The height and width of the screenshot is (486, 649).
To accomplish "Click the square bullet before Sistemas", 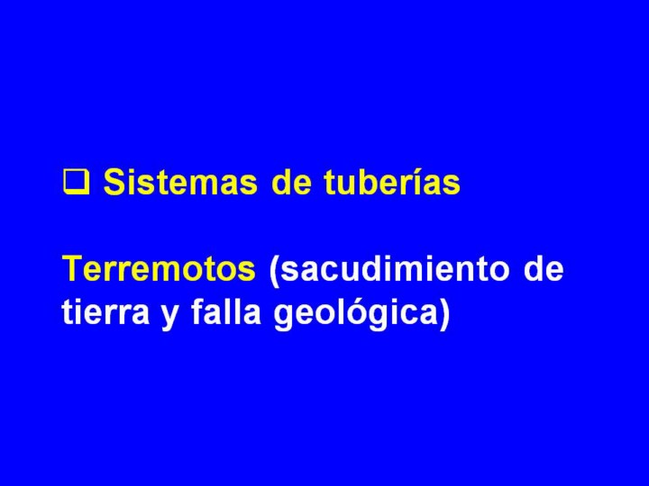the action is (x=76, y=183).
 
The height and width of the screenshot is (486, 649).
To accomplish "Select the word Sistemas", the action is (x=180, y=182).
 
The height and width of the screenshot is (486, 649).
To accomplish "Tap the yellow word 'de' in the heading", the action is (x=291, y=182).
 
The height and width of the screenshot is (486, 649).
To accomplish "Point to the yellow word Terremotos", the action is (x=159, y=268).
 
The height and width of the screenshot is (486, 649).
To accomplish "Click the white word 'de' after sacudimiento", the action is (x=544, y=268).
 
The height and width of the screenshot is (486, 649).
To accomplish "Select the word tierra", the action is (x=105, y=311).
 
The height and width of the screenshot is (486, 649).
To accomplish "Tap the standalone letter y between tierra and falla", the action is (x=169, y=316).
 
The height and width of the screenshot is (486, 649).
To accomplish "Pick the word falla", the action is (x=226, y=311).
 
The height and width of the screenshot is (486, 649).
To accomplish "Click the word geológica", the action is (x=355, y=314).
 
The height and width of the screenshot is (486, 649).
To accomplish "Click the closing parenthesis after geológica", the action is (x=443, y=314).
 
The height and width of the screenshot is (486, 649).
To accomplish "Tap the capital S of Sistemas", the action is (x=114, y=182).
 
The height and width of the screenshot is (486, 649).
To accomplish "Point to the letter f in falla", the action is (x=198, y=311).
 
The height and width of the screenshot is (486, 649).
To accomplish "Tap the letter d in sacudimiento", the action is (x=361, y=268).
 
